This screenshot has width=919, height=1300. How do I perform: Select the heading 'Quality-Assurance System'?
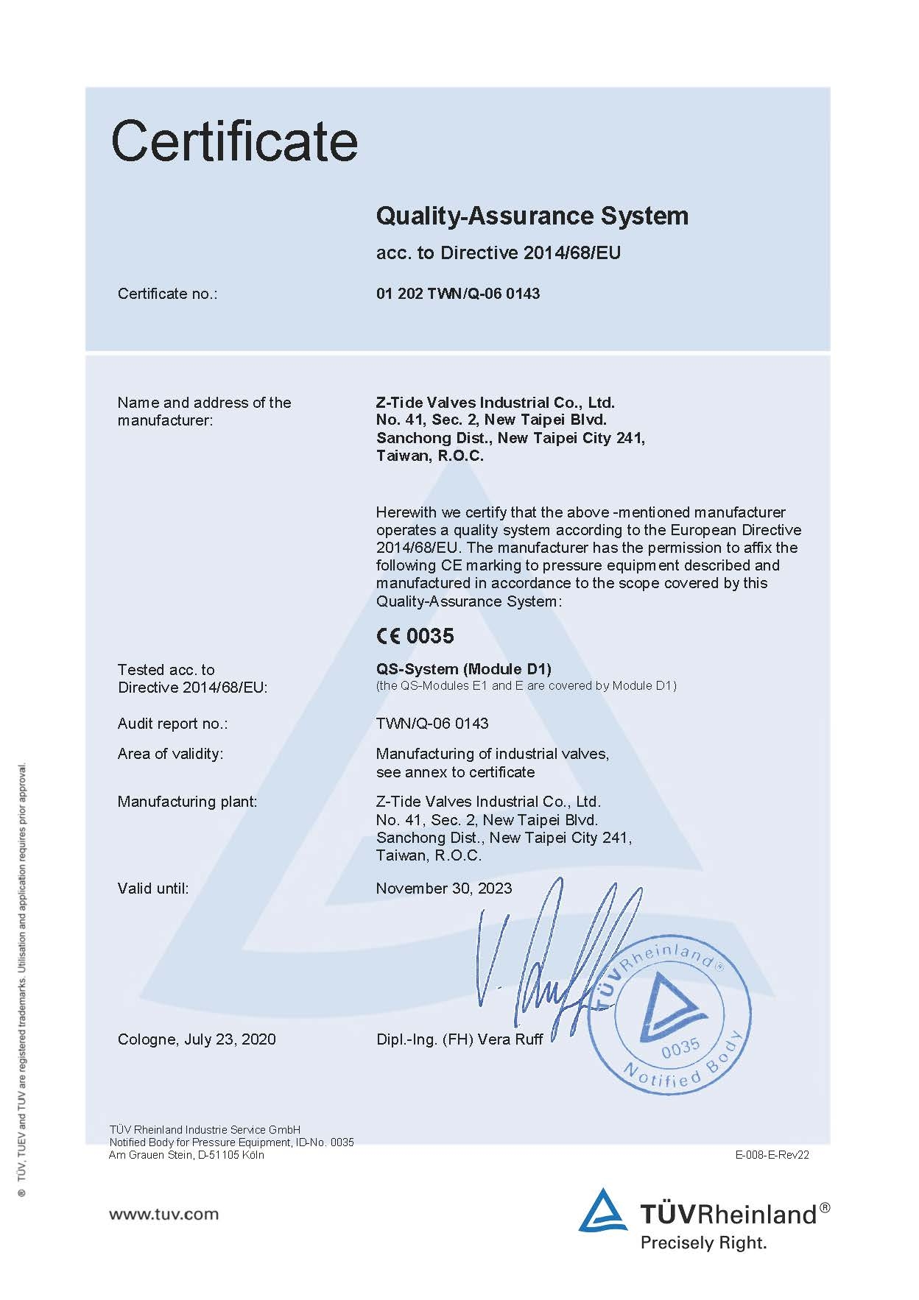532,216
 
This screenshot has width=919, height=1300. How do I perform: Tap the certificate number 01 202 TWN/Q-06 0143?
457,294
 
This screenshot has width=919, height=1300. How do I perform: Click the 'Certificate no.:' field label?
167,294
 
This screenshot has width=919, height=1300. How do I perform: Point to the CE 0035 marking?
415,635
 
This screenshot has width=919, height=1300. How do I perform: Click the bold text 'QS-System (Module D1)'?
463,669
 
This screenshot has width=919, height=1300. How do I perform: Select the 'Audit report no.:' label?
172,724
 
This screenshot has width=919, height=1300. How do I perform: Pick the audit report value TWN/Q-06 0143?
432,724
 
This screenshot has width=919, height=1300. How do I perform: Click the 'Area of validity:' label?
170,754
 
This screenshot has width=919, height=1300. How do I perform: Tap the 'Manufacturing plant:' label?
187,802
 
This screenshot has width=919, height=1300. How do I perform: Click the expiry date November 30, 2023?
443,888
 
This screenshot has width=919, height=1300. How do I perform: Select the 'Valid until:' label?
152,889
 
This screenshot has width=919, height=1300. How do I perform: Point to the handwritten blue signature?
545,957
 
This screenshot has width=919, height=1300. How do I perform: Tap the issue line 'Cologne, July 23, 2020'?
197,1039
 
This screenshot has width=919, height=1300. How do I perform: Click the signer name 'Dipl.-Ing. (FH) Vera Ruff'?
459,1039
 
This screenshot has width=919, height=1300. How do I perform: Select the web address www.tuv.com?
163,1214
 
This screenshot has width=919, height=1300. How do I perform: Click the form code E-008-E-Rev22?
772,1154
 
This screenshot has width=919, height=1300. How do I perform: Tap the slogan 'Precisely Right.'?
703,1243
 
